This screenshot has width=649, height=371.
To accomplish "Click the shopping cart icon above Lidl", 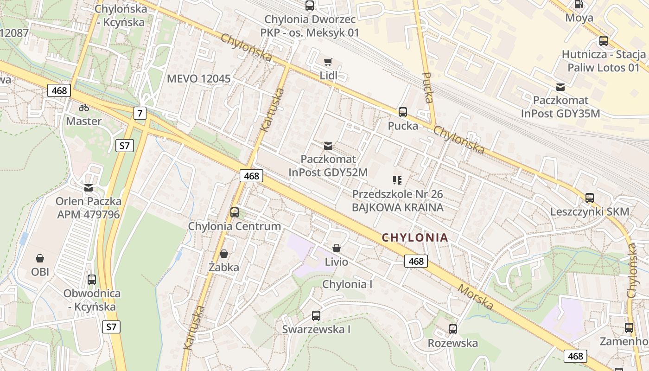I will (x=328, y=62).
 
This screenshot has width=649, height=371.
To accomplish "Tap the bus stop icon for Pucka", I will (x=402, y=112).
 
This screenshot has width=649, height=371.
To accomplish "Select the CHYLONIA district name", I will (x=415, y=238).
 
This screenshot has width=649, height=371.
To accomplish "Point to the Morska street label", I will (x=475, y=297).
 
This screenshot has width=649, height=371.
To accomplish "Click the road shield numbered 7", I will (x=140, y=113).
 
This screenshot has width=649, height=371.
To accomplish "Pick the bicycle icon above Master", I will (x=84, y=108).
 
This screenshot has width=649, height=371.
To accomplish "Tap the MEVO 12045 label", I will (x=198, y=79).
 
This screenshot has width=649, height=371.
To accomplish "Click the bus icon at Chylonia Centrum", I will (x=235, y=212).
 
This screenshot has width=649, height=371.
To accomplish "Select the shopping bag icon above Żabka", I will (x=224, y=254).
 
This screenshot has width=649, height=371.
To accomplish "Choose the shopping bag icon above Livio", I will (x=337, y=248).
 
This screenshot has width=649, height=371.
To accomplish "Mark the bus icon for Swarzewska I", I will (x=316, y=316).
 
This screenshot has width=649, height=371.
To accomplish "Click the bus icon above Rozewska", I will (x=453, y=329).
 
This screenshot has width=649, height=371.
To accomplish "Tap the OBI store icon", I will (x=40, y=258).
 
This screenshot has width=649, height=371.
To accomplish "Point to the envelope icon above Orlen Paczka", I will (x=89, y=188).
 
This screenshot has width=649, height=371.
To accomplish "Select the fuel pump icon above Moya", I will (x=579, y=5).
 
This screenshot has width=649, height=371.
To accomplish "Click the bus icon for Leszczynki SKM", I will (x=590, y=198).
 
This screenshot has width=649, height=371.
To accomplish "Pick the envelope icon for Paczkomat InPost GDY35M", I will (x=560, y=87).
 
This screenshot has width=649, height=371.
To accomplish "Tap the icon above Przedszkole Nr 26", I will (x=397, y=180).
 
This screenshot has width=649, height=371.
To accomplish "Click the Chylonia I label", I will (x=347, y=284).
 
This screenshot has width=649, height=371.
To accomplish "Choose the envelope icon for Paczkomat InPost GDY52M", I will (x=328, y=146).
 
